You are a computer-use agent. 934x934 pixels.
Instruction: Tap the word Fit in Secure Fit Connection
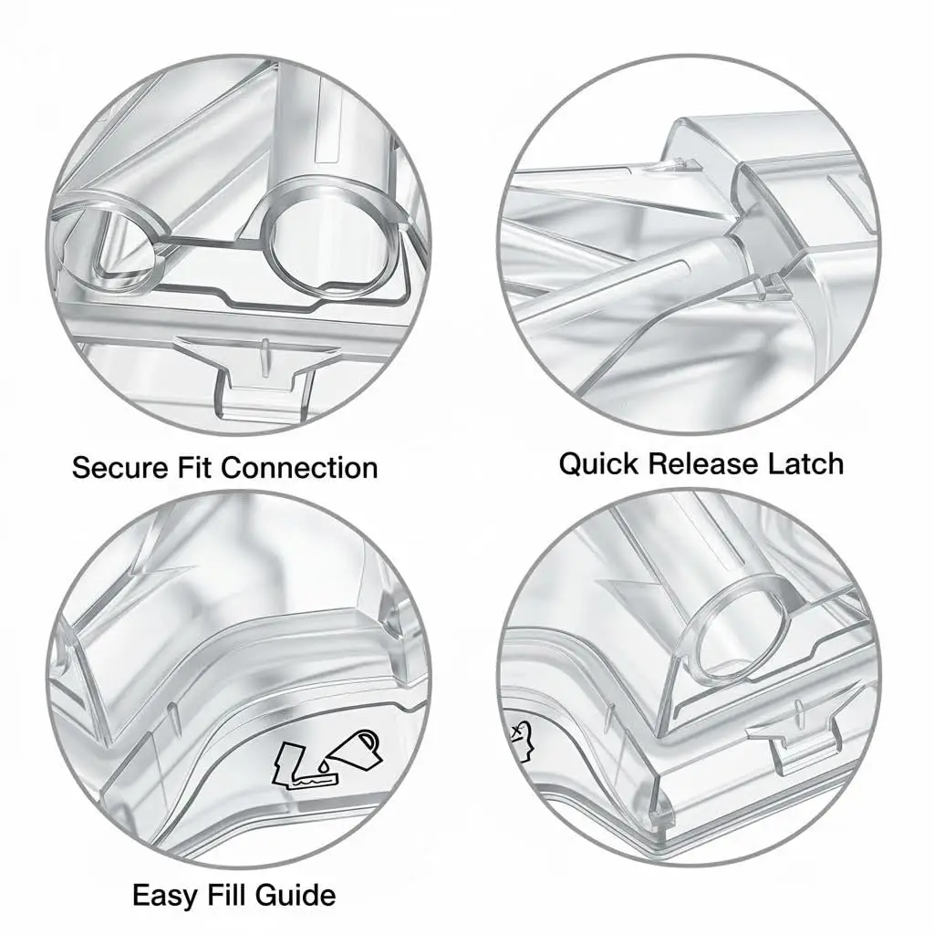click(x=195, y=468)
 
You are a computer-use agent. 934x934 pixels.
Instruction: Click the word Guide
click(x=294, y=895)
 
